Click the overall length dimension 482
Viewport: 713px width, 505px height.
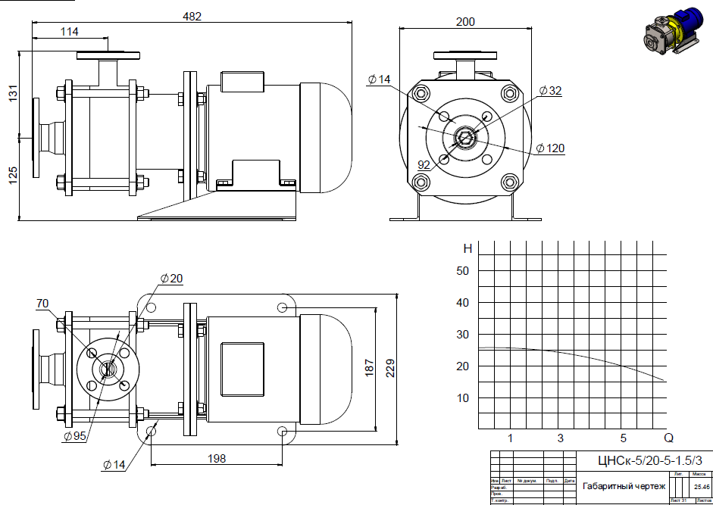pos(192,16)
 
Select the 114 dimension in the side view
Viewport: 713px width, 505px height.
pos(70,31)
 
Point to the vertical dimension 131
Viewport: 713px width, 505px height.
pos(12,94)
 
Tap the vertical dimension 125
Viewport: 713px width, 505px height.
pos(12,176)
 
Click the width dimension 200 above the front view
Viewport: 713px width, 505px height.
pos(465,22)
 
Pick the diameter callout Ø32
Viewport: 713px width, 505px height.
pos(551,91)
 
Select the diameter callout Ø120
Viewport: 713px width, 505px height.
pos(549,148)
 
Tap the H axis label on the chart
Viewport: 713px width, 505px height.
pos(468,248)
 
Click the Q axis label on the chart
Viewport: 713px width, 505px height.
pos(668,438)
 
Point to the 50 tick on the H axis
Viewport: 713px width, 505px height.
pos(462,271)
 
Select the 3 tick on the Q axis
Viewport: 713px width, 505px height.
pos(561,438)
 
